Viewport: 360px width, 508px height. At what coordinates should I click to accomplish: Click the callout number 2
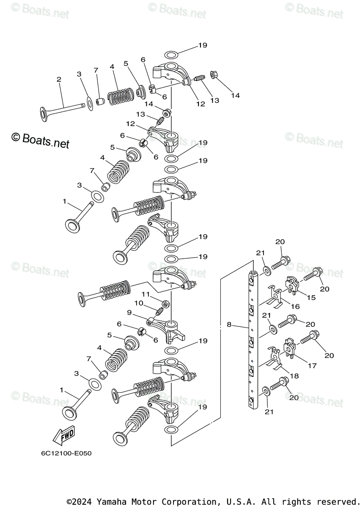(x=59, y=79)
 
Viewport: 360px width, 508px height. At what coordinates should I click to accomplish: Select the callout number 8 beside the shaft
(x=229, y=325)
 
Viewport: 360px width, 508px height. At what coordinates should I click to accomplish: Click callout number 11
(x=146, y=294)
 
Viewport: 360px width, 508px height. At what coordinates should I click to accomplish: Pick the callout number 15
(x=311, y=297)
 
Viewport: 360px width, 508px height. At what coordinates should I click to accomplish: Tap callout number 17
(x=312, y=366)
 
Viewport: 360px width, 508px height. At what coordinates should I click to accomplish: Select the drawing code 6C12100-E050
(x=66, y=453)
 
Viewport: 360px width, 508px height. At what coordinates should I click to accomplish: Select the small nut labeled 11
(x=166, y=304)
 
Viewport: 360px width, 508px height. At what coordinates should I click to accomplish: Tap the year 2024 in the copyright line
(x=85, y=502)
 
